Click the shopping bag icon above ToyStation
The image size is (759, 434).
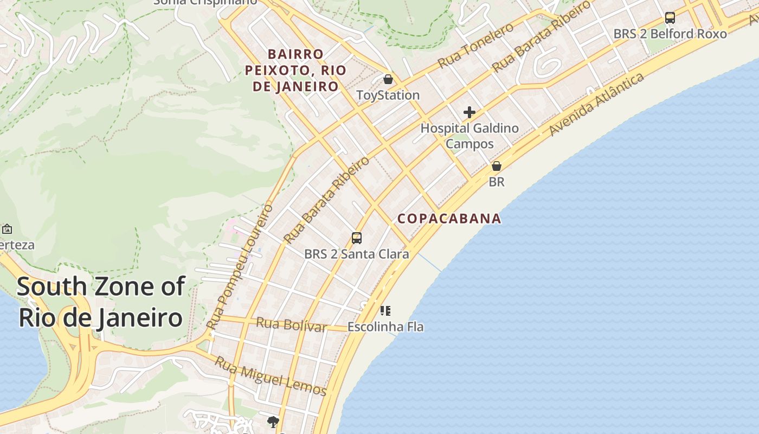tap(388, 80)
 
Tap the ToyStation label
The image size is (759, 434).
tap(388, 95)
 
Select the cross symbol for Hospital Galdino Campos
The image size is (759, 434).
tap(469, 112)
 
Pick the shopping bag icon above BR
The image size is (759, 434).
tap(497, 166)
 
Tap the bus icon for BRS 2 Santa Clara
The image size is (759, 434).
tap(357, 238)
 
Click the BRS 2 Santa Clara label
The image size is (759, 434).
tap(357, 254)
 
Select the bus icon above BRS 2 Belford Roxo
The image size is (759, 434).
tap(670, 18)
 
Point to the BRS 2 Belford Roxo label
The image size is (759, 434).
tap(670, 34)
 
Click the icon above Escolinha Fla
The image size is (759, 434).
tap(385, 311)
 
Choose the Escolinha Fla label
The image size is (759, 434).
tap(385, 327)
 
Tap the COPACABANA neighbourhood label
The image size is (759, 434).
tap(449, 219)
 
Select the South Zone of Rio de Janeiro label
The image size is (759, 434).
tap(101, 302)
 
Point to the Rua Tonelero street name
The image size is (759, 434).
tap(475, 46)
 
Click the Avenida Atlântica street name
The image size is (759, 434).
tap(596, 105)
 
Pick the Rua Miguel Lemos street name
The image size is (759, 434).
tap(271, 376)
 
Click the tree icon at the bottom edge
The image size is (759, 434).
tap(273, 422)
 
